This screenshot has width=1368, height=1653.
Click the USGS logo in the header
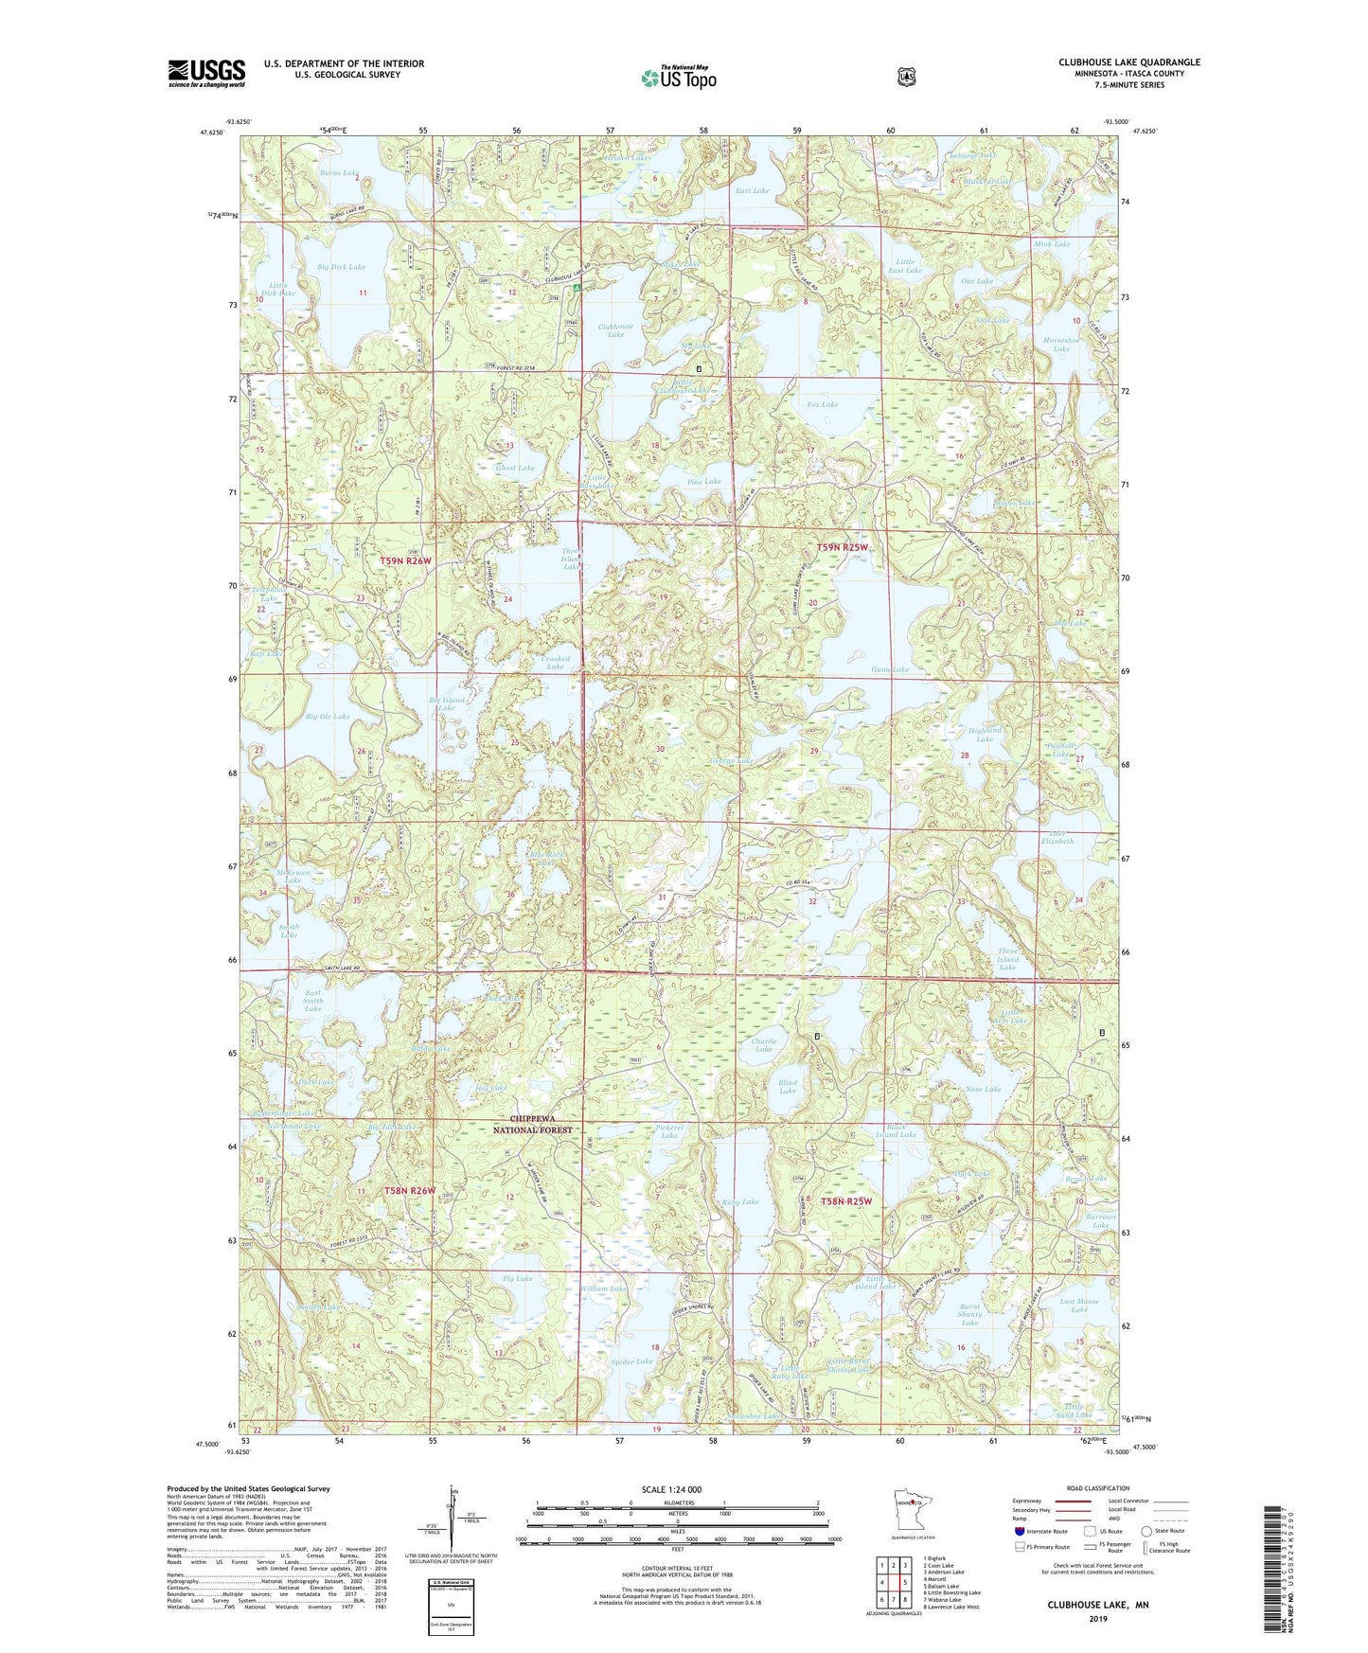(x=206, y=73)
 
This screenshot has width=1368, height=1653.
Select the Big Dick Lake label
(x=341, y=267)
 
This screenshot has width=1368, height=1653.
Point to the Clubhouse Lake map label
(x=615, y=330)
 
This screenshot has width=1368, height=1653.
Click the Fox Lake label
(x=822, y=404)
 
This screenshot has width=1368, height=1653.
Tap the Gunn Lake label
(x=890, y=669)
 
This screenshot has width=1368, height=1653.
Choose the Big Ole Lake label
(x=328, y=717)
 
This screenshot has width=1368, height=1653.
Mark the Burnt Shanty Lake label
(x=969, y=1314)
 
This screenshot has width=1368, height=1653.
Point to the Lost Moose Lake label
(x=1079, y=1306)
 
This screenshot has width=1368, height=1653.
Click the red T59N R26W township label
(x=405, y=561)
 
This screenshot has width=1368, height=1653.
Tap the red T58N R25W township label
(x=845, y=1200)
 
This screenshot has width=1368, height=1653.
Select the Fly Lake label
(x=518, y=1278)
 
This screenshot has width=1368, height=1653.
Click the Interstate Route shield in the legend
(x=1019, y=1531)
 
